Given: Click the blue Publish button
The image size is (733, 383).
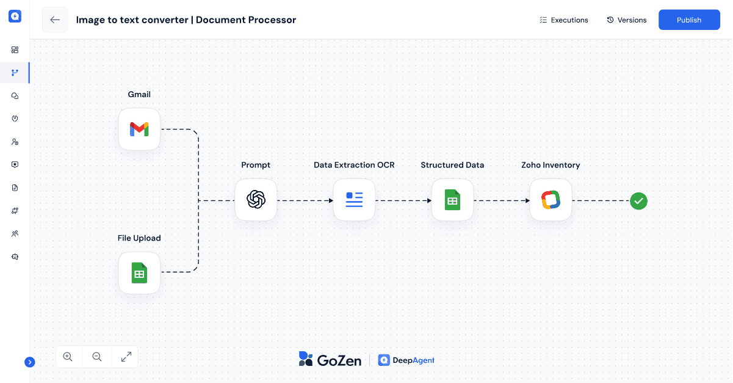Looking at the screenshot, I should (689, 20).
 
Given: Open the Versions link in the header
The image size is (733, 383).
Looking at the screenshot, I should (626, 20).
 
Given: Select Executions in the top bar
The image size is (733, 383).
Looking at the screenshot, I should (564, 20).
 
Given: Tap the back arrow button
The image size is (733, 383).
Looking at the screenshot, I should (55, 20).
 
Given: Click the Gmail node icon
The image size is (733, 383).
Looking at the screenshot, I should (139, 129).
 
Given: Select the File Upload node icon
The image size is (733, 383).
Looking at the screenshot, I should (139, 273).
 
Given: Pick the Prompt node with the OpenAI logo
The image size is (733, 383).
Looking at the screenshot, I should (256, 200).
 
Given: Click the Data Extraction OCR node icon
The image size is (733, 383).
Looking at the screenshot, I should (354, 200).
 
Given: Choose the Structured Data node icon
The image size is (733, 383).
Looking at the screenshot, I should (452, 200).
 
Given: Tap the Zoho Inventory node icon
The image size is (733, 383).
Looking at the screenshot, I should (551, 200).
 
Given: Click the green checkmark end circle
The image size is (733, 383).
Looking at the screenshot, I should (638, 200).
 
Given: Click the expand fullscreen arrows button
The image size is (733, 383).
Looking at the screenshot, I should (126, 357).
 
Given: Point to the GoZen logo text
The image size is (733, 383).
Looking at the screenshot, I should (330, 360).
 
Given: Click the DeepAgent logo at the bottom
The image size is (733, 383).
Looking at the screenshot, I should (406, 360).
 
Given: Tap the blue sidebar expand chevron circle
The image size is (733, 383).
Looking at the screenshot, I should (29, 362).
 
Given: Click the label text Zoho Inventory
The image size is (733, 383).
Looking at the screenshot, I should (551, 165).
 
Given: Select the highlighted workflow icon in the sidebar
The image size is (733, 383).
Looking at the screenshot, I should (15, 73).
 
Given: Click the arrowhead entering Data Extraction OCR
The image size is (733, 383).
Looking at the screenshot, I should (330, 200).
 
